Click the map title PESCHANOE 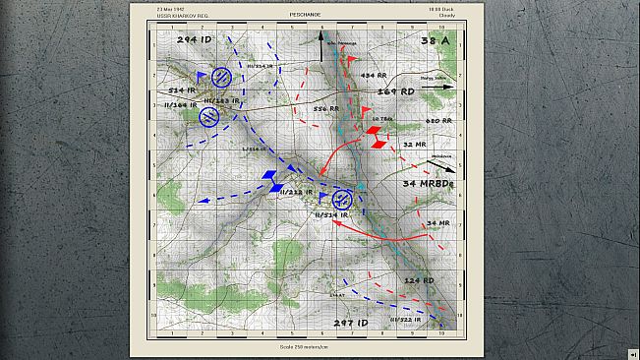tap(320, 16)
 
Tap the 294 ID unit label tap(194, 40)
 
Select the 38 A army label tap(435, 41)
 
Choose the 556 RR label tap(326, 108)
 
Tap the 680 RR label tap(438, 121)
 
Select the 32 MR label tap(413, 144)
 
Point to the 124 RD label tap(419, 281)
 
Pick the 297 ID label tap(350, 323)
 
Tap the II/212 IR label tap(296, 192)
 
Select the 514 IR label tap(184, 90)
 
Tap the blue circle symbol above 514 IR tap(223, 76)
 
